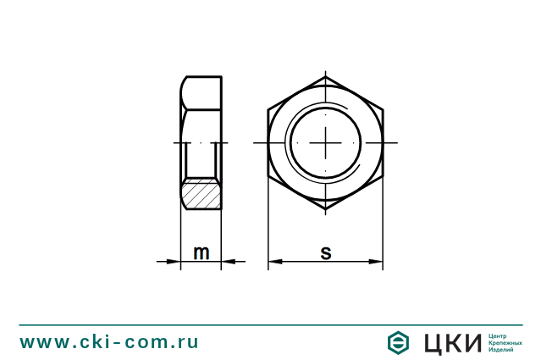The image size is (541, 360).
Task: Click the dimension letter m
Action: coord(201,252)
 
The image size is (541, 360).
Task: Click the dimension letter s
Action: coord(325,252)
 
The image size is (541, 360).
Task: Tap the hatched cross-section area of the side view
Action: coord(202,194)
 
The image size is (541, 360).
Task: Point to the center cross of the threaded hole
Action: coord(325,143)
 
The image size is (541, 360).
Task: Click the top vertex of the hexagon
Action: coord(325,76)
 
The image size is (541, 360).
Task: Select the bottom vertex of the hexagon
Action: coord(325,210)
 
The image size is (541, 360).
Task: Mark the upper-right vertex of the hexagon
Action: coord(383,109)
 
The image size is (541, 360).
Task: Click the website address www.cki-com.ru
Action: coord(109,341)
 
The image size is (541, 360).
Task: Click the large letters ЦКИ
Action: coord(450,342)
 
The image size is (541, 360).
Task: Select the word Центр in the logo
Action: coord(499,335)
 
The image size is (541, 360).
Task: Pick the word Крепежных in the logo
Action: coord(505,342)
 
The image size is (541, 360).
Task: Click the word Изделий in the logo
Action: coord(501,350)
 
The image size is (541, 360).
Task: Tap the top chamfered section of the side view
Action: coord(201,92)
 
